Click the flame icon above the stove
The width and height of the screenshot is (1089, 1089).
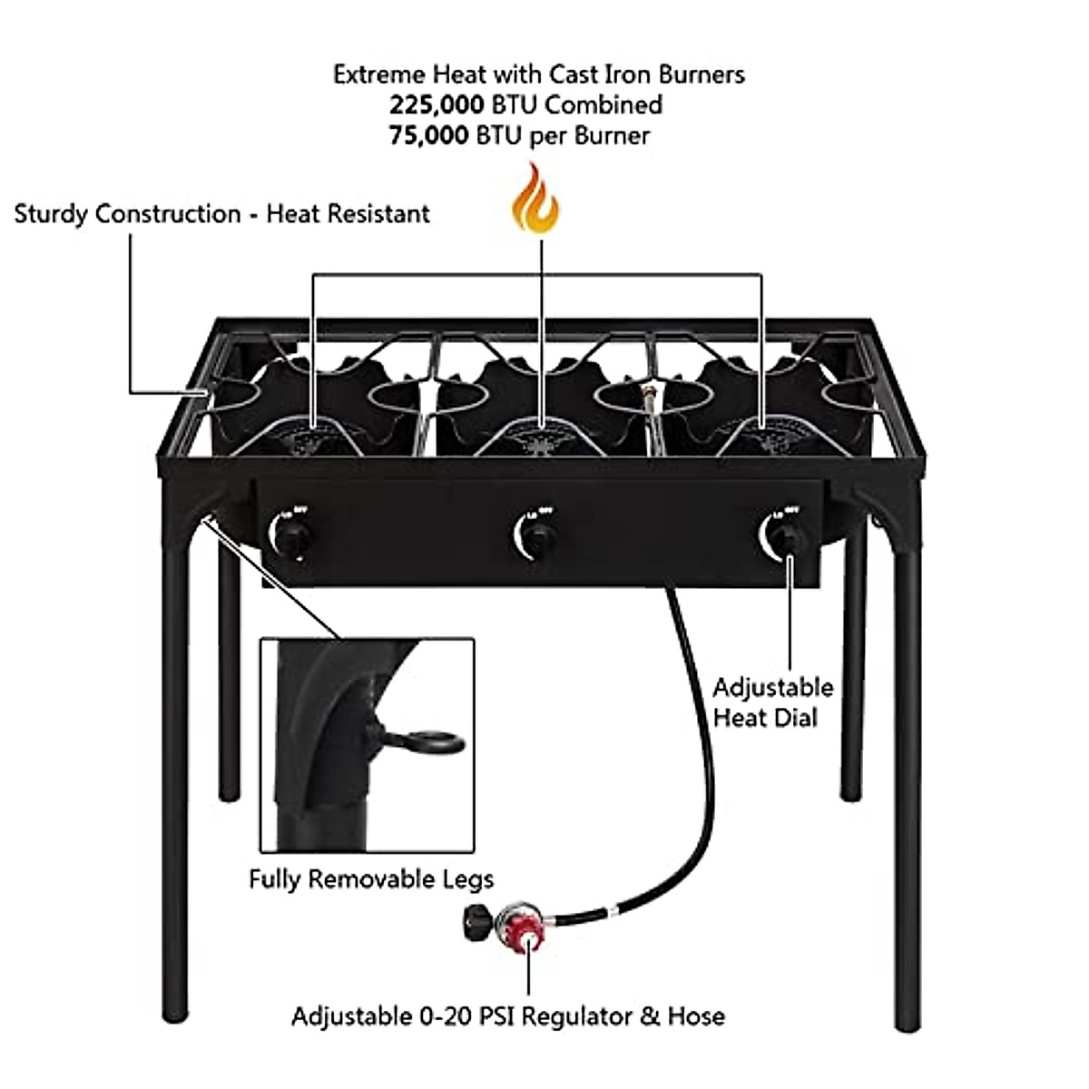click(x=535, y=201)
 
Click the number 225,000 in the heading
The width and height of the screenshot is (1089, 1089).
click(x=437, y=105)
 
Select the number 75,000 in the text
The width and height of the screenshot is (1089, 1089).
click(x=429, y=136)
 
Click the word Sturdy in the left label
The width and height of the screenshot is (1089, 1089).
click(x=51, y=215)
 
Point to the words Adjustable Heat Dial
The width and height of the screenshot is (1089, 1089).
click(x=771, y=702)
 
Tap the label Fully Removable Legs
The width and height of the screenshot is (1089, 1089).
click(x=371, y=878)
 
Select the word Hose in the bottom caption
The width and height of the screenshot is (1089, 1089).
click(x=696, y=1015)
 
